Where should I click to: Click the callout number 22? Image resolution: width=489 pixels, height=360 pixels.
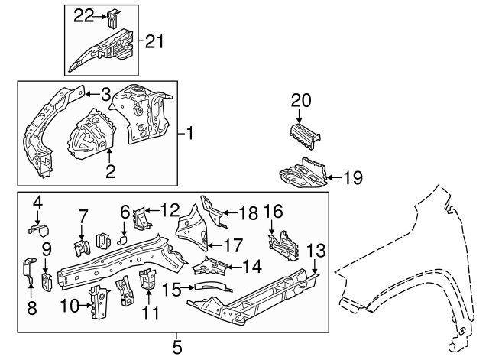coord(83,15)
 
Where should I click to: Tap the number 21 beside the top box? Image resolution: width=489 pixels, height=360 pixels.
coord(154,41)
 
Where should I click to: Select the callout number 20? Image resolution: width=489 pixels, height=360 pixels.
coord(301,101)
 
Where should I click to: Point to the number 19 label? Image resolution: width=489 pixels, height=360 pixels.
coord(353,178)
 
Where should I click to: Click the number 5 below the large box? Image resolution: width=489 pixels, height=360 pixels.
coord(176,347)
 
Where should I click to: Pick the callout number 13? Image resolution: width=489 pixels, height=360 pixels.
coord(316,251)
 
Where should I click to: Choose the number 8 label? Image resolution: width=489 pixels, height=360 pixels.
coord(32,308)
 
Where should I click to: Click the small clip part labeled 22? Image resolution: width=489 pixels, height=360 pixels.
coord(114,18)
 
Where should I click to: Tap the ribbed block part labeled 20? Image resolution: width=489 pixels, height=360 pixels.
coord(305,136)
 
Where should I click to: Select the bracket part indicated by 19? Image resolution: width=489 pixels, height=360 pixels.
coord(303,173)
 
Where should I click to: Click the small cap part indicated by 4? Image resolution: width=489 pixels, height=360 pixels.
coord(39,229)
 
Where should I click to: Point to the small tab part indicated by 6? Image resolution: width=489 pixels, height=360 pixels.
coord(122,240)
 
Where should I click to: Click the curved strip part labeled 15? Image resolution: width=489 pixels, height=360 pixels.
coord(213,287)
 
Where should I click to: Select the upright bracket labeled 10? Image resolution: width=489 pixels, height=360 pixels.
coord(99,301)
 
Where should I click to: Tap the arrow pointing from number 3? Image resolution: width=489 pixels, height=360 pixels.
coord(92,94)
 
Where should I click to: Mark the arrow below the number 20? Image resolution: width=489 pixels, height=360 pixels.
coord(300,115)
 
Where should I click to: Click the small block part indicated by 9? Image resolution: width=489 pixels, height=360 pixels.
coord(47,282)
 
